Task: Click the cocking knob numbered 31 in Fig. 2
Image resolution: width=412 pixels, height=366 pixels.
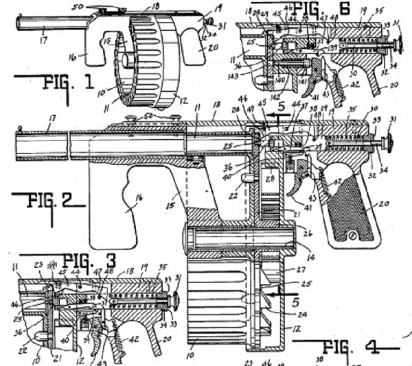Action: tap(389, 143)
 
